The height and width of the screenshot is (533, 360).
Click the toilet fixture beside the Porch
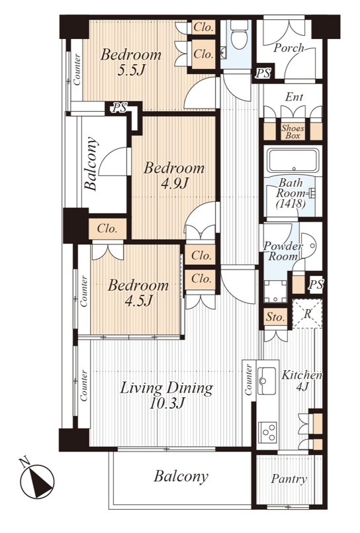point(239,34)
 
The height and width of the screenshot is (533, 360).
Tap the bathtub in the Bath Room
point(293,160)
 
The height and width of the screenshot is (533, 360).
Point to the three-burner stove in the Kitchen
point(267,432)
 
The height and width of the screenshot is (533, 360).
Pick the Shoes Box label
point(292,132)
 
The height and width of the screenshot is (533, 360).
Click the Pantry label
point(289,479)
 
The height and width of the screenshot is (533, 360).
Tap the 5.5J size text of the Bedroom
point(131,70)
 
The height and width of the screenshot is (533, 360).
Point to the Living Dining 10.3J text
point(166,395)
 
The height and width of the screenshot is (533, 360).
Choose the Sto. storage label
point(275,318)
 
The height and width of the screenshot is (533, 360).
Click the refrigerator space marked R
point(307,314)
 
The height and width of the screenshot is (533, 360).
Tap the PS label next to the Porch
point(263,73)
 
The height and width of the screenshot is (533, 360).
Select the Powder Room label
point(283,251)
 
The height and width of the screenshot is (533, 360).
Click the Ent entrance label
point(294,97)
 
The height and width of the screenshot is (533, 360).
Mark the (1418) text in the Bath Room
point(291,204)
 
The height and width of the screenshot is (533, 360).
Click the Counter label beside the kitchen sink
point(249,379)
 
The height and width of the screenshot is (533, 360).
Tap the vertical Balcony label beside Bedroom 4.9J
point(91,164)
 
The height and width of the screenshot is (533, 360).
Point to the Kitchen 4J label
point(302,381)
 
